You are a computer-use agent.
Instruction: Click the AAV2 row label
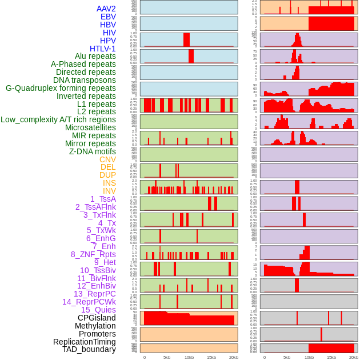(x=106, y=9)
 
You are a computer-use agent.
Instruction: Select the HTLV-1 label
(x=103, y=49)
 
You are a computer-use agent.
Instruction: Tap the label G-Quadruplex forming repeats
(x=61, y=88)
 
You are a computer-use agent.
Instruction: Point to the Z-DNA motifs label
(x=93, y=151)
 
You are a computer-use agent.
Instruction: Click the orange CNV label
(x=107, y=159)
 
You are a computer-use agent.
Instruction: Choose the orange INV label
(x=109, y=191)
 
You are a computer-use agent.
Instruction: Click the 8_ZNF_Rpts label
(x=93, y=254)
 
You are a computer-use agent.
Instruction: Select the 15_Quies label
(x=98, y=310)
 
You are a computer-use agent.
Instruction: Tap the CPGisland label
(x=97, y=318)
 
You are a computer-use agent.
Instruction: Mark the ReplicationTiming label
(x=85, y=342)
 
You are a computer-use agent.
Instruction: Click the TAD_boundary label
(x=89, y=349)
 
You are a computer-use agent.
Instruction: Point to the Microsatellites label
(x=90, y=127)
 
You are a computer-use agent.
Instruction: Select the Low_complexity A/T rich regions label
(x=58, y=119)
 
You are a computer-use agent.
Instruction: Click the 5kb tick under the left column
(x=167, y=357)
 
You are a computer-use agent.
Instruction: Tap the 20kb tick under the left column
(x=234, y=357)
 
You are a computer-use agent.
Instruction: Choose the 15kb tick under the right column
(x=331, y=357)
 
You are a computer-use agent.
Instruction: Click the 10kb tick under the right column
(x=309, y=357)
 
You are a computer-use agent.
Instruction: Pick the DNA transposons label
(x=85, y=80)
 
